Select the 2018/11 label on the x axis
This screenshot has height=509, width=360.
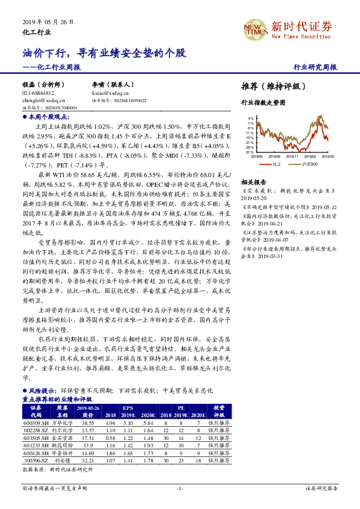point(293,156)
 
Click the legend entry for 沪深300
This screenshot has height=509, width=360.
point(312,164)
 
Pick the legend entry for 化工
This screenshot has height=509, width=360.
point(275,164)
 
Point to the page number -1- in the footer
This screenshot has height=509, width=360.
point(180,487)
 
